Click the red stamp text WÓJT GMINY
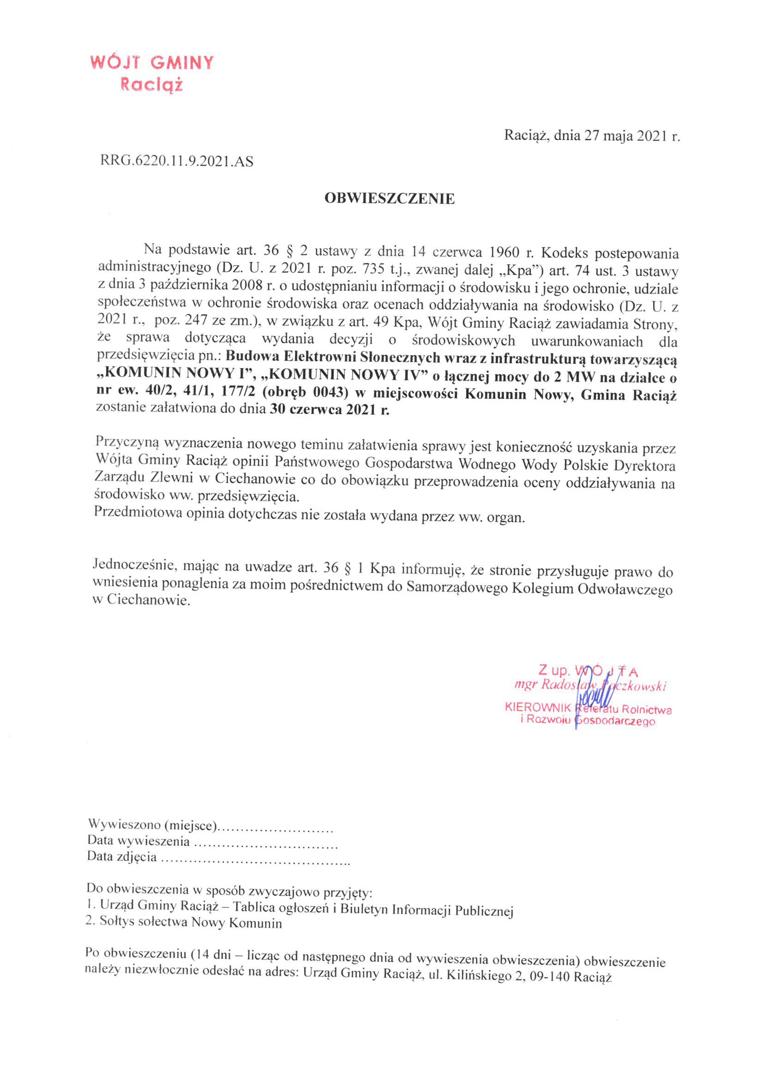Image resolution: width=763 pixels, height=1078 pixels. pyautogui.click(x=152, y=62)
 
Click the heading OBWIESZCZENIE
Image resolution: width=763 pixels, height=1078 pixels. pyautogui.click(x=389, y=199)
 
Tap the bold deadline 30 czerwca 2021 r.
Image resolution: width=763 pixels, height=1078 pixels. pyautogui.click(x=329, y=410)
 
